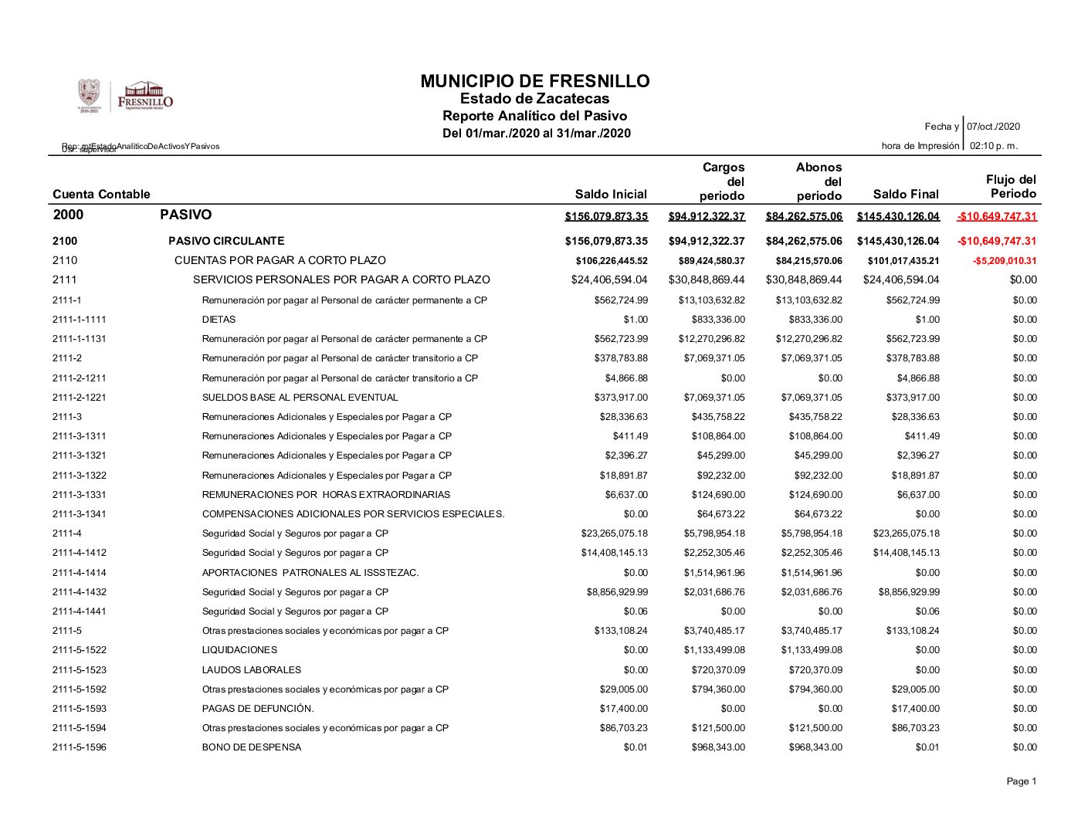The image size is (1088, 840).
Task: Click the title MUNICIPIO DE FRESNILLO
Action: coord(535,81)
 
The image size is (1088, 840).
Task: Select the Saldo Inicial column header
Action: coord(611,195)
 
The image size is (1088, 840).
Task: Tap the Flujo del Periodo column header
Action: coord(1012,187)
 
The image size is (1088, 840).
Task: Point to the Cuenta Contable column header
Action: coord(101,195)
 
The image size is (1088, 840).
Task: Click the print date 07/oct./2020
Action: coord(993,127)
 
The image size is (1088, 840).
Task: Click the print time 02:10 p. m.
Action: coord(993,146)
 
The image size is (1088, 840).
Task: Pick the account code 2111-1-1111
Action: coord(80,320)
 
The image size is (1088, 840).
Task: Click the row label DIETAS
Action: coord(219,320)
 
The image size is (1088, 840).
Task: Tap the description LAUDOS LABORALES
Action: coord(252,670)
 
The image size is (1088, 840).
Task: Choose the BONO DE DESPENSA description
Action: coord(252,747)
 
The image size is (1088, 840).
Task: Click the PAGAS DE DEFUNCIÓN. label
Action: coord(258,709)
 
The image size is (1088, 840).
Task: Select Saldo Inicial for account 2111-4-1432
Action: coord(617,592)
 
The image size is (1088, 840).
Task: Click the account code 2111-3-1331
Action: coord(80,495)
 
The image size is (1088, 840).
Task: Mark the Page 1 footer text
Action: coord(1021,781)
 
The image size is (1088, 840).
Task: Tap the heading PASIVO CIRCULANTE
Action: coord(226,241)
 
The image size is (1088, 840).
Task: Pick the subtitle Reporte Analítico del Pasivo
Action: coord(534,116)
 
